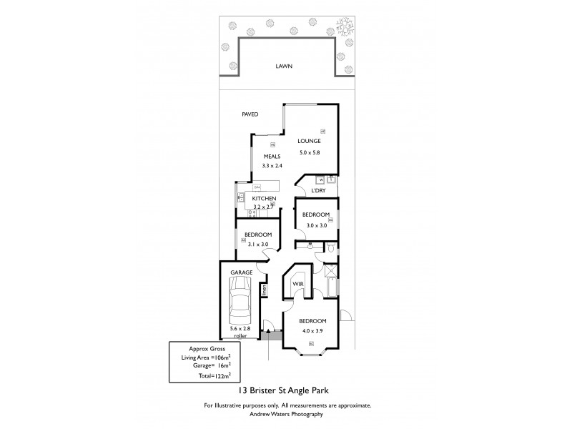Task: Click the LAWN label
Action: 285,66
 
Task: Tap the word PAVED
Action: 250,114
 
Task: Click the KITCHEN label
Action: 264,198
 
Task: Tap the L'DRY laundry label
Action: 319,190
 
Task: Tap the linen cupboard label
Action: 263,290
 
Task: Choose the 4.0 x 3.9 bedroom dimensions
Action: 312,330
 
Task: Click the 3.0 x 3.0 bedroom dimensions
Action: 315,225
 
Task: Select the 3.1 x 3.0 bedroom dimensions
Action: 257,245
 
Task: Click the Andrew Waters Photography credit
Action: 285,414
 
